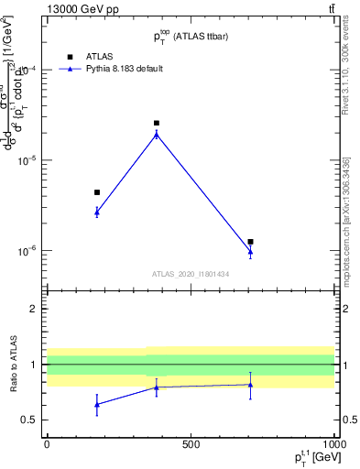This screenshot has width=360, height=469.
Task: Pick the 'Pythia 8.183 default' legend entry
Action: [x=110, y=69]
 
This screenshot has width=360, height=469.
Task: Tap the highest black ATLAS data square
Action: [x=157, y=123]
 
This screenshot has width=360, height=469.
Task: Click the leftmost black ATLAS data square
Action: [x=97, y=192]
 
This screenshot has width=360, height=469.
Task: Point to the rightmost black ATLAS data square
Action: [x=250, y=242]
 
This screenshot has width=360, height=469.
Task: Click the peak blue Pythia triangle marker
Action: [x=157, y=134]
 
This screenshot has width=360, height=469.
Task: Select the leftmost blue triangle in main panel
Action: [x=97, y=212]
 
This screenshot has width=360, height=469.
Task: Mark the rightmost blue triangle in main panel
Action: [x=250, y=252]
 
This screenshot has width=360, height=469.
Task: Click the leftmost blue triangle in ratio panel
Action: [x=97, y=404]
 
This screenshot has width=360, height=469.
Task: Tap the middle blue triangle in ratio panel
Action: [x=157, y=387]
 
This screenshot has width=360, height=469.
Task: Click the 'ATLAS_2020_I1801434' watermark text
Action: [x=190, y=274]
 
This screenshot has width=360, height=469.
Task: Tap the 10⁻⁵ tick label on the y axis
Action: [x=27, y=160]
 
